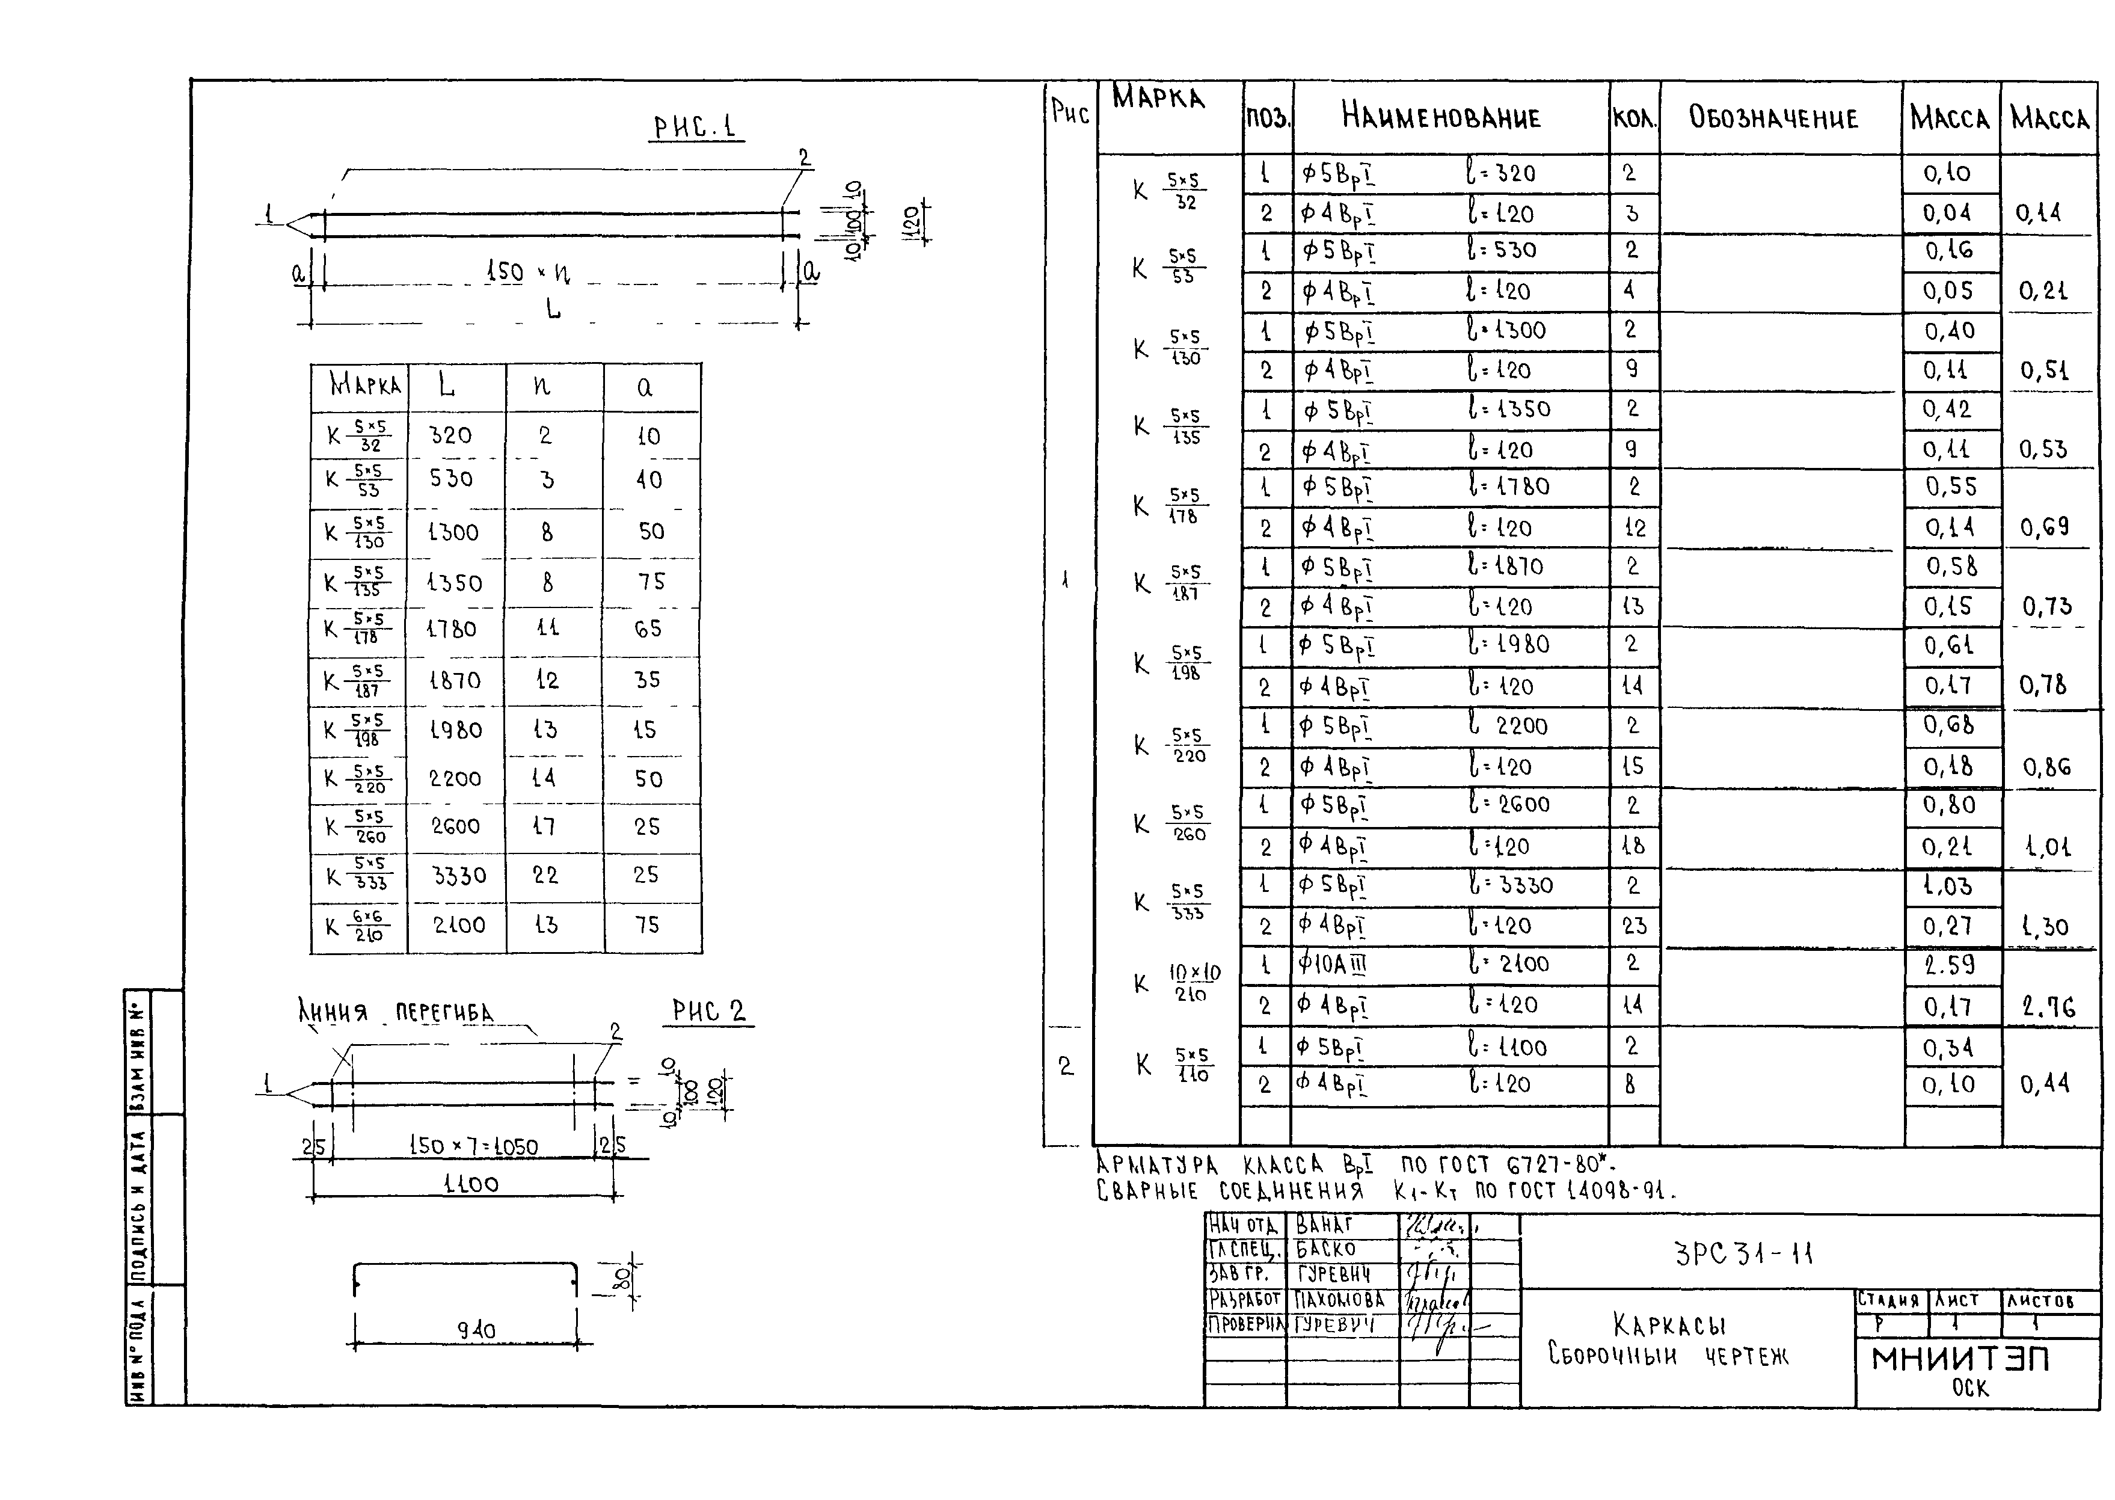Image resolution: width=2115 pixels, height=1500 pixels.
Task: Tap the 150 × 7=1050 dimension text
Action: point(473,1146)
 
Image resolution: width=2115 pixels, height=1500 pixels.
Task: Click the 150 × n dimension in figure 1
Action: point(527,272)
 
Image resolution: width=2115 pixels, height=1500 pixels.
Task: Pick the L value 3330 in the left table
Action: point(459,874)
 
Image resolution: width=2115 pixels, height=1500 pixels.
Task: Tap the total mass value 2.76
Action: point(2048,1007)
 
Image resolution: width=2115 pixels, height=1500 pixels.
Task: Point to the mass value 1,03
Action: point(1948,886)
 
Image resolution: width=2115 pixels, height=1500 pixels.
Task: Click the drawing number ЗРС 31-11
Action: point(1744,1253)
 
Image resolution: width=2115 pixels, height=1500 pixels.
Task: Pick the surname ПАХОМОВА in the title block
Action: point(1339,1300)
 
